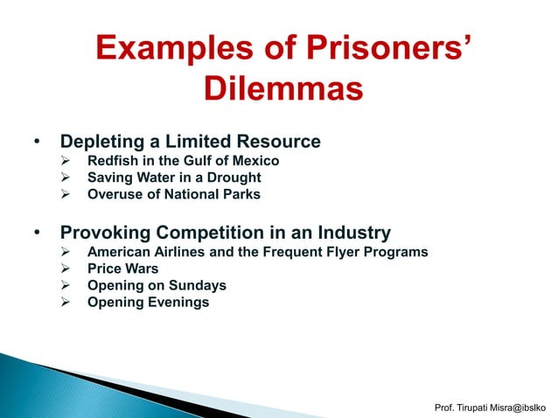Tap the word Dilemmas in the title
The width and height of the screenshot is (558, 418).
[282, 88]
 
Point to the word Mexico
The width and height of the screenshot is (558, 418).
[255, 161]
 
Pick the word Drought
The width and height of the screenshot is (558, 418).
[230, 178]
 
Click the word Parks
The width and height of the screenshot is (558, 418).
[240, 194]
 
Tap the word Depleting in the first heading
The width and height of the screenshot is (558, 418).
[101, 141]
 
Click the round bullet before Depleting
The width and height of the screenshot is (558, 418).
[37, 142]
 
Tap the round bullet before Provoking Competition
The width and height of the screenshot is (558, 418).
[37, 234]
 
